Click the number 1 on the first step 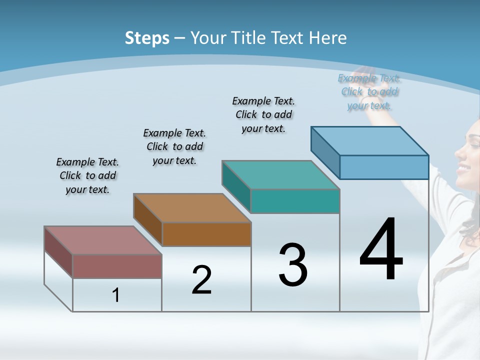[x=116, y=295]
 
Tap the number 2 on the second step [x=201, y=279]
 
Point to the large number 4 [x=381, y=249]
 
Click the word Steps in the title [x=147, y=38]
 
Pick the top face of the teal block [x=280, y=175]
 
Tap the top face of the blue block [x=370, y=141]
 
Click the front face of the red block [x=117, y=266]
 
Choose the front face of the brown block [x=206, y=234]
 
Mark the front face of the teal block [x=295, y=201]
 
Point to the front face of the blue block [x=384, y=167]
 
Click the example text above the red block [x=87, y=175]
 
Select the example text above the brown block [x=174, y=146]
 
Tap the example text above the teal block [x=263, y=114]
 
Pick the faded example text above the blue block [x=369, y=91]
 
